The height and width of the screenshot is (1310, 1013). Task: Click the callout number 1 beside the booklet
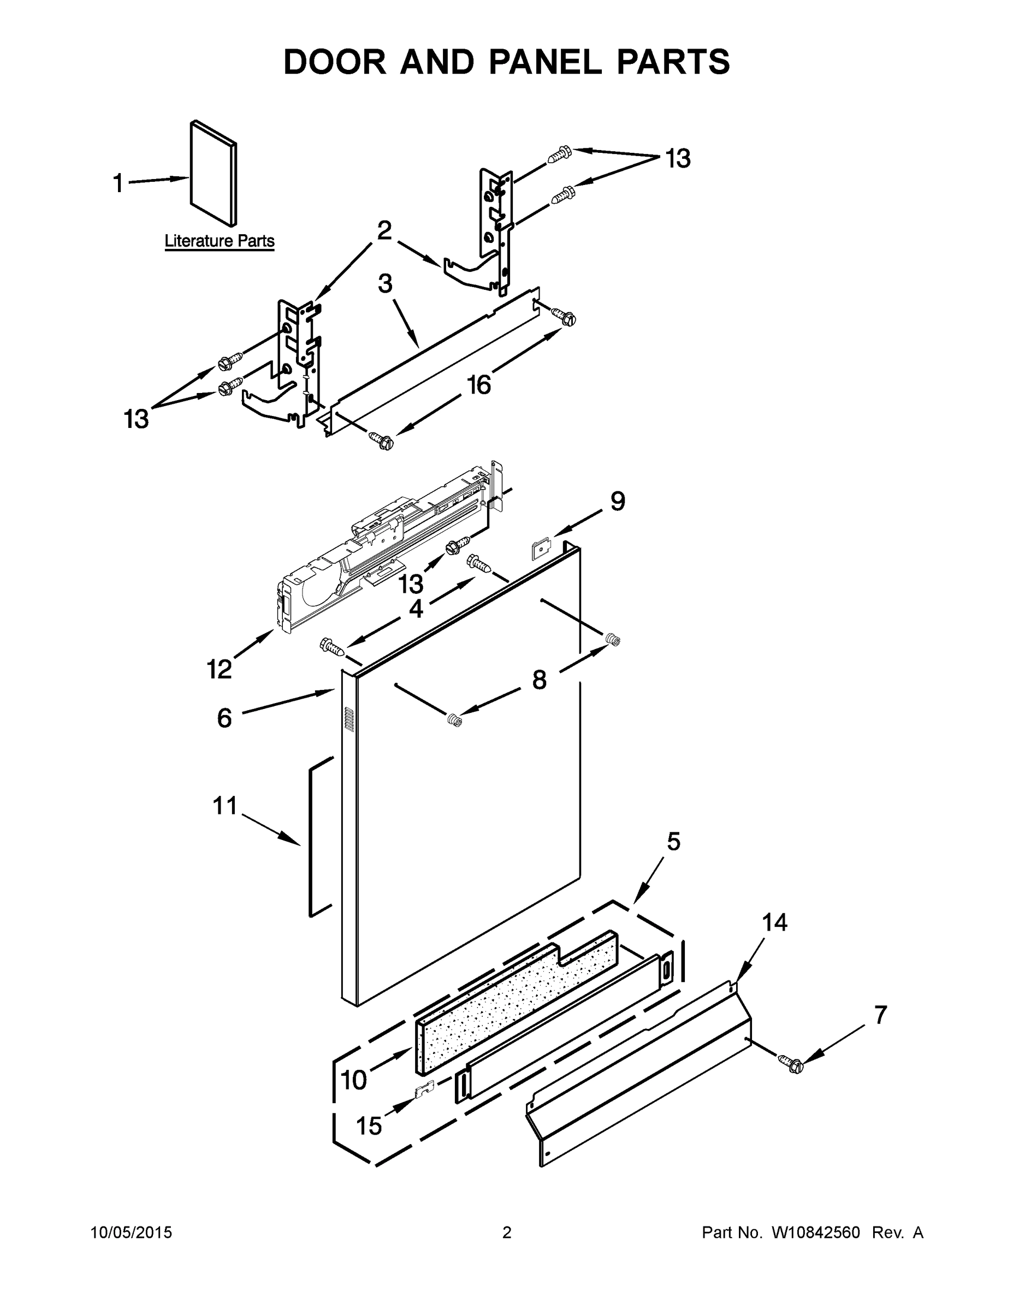pyautogui.click(x=118, y=183)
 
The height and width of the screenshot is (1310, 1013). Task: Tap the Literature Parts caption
pyautogui.click(x=220, y=241)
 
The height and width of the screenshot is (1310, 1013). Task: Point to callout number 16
pyautogui.click(x=479, y=385)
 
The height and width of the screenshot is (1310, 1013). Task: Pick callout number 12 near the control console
pyautogui.click(x=219, y=669)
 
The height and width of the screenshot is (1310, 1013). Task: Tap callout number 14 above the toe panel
pyautogui.click(x=775, y=922)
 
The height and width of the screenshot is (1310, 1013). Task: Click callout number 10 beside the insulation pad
pyautogui.click(x=353, y=1080)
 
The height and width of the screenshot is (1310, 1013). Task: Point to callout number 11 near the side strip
pyautogui.click(x=225, y=806)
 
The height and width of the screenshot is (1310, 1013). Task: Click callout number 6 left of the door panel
pyautogui.click(x=224, y=717)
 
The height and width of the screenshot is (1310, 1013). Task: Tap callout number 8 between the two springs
pyautogui.click(x=540, y=680)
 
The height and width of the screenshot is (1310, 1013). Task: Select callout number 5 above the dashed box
pyautogui.click(x=673, y=842)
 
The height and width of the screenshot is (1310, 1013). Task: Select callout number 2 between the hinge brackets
pyautogui.click(x=384, y=230)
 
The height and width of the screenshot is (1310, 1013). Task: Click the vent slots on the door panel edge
pyautogui.click(x=347, y=718)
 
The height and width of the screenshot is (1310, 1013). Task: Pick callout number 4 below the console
pyautogui.click(x=416, y=609)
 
